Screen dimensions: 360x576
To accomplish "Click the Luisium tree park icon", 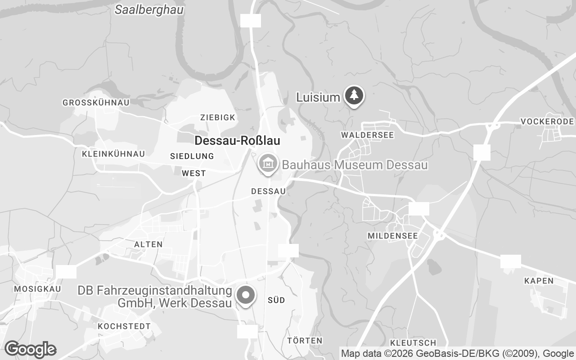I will click(355, 95).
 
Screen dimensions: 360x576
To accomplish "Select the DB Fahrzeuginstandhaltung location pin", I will click(246, 296).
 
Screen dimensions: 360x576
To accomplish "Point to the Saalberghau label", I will click(149, 10).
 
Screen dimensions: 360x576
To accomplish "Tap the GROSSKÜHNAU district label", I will click(96, 103).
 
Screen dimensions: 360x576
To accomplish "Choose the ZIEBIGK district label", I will click(218, 117).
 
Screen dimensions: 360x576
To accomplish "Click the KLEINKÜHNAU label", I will click(113, 154).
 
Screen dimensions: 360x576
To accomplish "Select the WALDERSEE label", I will click(367, 135).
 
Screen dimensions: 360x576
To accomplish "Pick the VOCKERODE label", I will click(547, 121).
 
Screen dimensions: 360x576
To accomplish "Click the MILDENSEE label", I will click(392, 236).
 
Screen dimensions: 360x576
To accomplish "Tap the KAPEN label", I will click(539, 281).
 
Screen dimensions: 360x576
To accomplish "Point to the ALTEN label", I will click(148, 244).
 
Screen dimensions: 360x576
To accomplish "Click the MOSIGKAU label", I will click(37, 288).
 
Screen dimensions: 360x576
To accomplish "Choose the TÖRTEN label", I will click(305, 340).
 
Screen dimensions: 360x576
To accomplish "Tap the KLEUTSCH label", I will click(413, 343).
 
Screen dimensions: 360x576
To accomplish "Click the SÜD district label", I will click(276, 300).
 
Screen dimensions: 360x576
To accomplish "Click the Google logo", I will click(30, 349).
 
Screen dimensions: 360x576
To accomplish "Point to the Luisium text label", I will click(318, 97).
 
